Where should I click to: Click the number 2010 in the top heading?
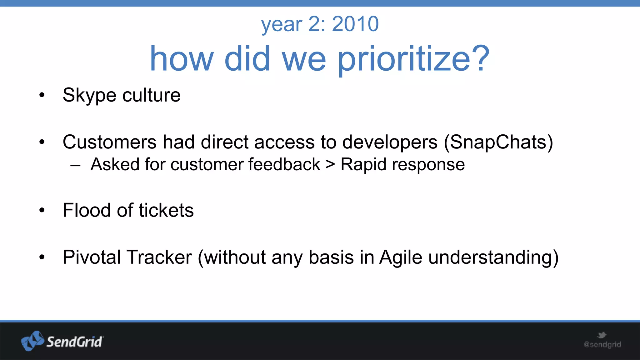click(355, 24)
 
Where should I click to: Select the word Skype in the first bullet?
click(89, 95)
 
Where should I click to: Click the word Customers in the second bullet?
click(109, 142)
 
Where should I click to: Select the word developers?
click(390, 142)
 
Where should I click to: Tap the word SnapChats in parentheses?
click(498, 142)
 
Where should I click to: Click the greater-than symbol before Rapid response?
click(330, 165)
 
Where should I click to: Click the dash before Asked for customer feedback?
click(75, 165)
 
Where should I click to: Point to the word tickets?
click(166, 210)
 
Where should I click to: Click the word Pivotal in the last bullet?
click(92, 257)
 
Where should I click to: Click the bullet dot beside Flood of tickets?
click(42, 210)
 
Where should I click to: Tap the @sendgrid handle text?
click(602, 344)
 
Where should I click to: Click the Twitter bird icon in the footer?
click(602, 335)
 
